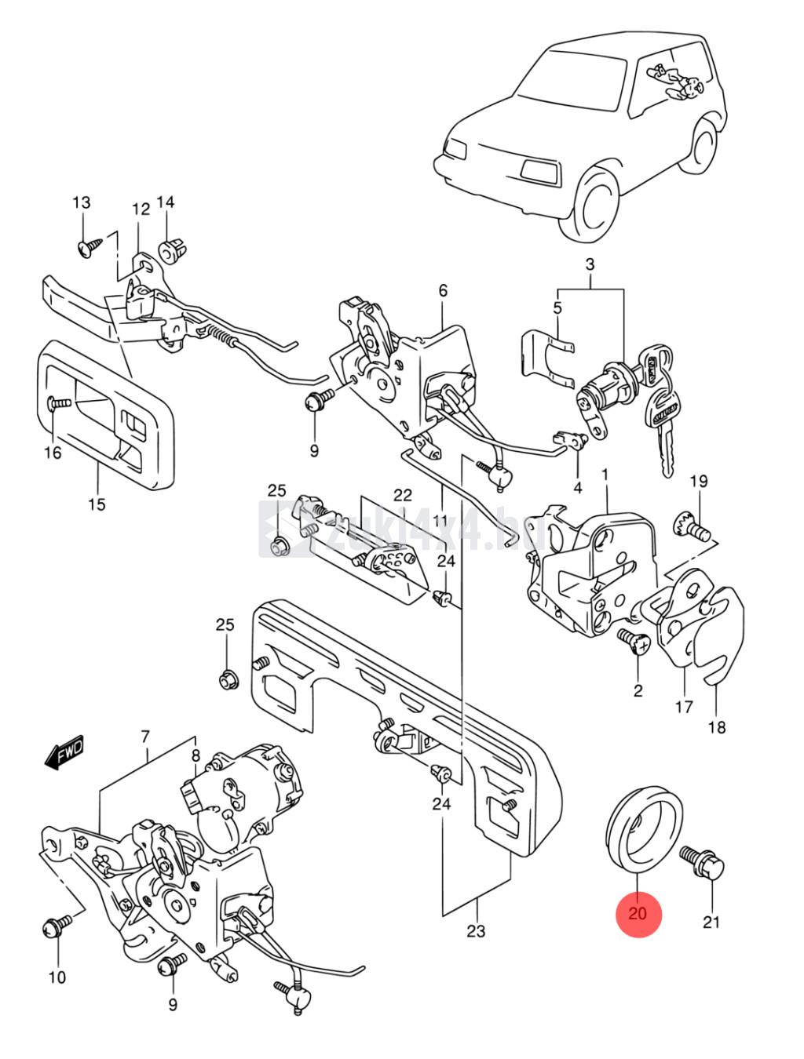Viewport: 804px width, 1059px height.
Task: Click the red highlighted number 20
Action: pyautogui.click(x=638, y=913)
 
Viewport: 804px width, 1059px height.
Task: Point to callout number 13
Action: pyautogui.click(x=82, y=202)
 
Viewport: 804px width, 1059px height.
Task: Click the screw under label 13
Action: pyautogui.click(x=89, y=247)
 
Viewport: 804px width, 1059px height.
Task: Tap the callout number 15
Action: pyautogui.click(x=97, y=504)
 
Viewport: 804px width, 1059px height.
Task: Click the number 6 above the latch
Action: pyautogui.click(x=443, y=290)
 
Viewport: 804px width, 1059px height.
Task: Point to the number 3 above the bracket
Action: pyautogui.click(x=590, y=264)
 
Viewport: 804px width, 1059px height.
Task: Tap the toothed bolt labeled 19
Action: pyautogui.click(x=693, y=527)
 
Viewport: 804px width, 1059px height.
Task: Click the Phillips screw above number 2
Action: pyautogui.click(x=634, y=641)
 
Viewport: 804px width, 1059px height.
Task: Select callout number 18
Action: pyautogui.click(x=717, y=727)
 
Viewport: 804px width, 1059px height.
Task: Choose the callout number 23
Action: pyautogui.click(x=476, y=931)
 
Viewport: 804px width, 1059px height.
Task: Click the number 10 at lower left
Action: pyautogui.click(x=57, y=977)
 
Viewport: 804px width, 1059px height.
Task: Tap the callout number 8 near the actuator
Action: pyautogui.click(x=196, y=756)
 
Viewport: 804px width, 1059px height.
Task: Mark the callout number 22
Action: pyautogui.click(x=403, y=495)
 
